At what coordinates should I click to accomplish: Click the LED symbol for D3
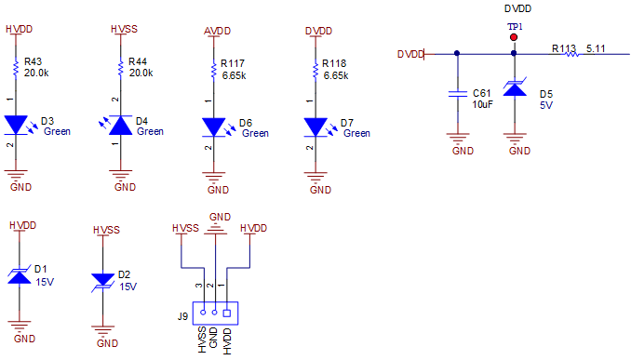coord(17,124)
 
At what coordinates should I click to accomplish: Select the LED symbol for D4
coord(120,125)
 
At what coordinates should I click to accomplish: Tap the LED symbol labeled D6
coord(214,126)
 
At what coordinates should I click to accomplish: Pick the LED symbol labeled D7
coord(316,126)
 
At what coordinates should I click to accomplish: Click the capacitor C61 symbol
coord(456,93)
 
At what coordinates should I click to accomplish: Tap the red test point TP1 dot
coord(513,38)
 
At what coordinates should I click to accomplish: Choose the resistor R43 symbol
coord(17,68)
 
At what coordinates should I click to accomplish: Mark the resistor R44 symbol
coord(120,68)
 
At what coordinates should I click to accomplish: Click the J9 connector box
coord(214,313)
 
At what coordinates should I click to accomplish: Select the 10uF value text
coord(482,104)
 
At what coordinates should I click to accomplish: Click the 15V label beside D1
coord(45,280)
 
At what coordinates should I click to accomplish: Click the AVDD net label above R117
coord(216,31)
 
